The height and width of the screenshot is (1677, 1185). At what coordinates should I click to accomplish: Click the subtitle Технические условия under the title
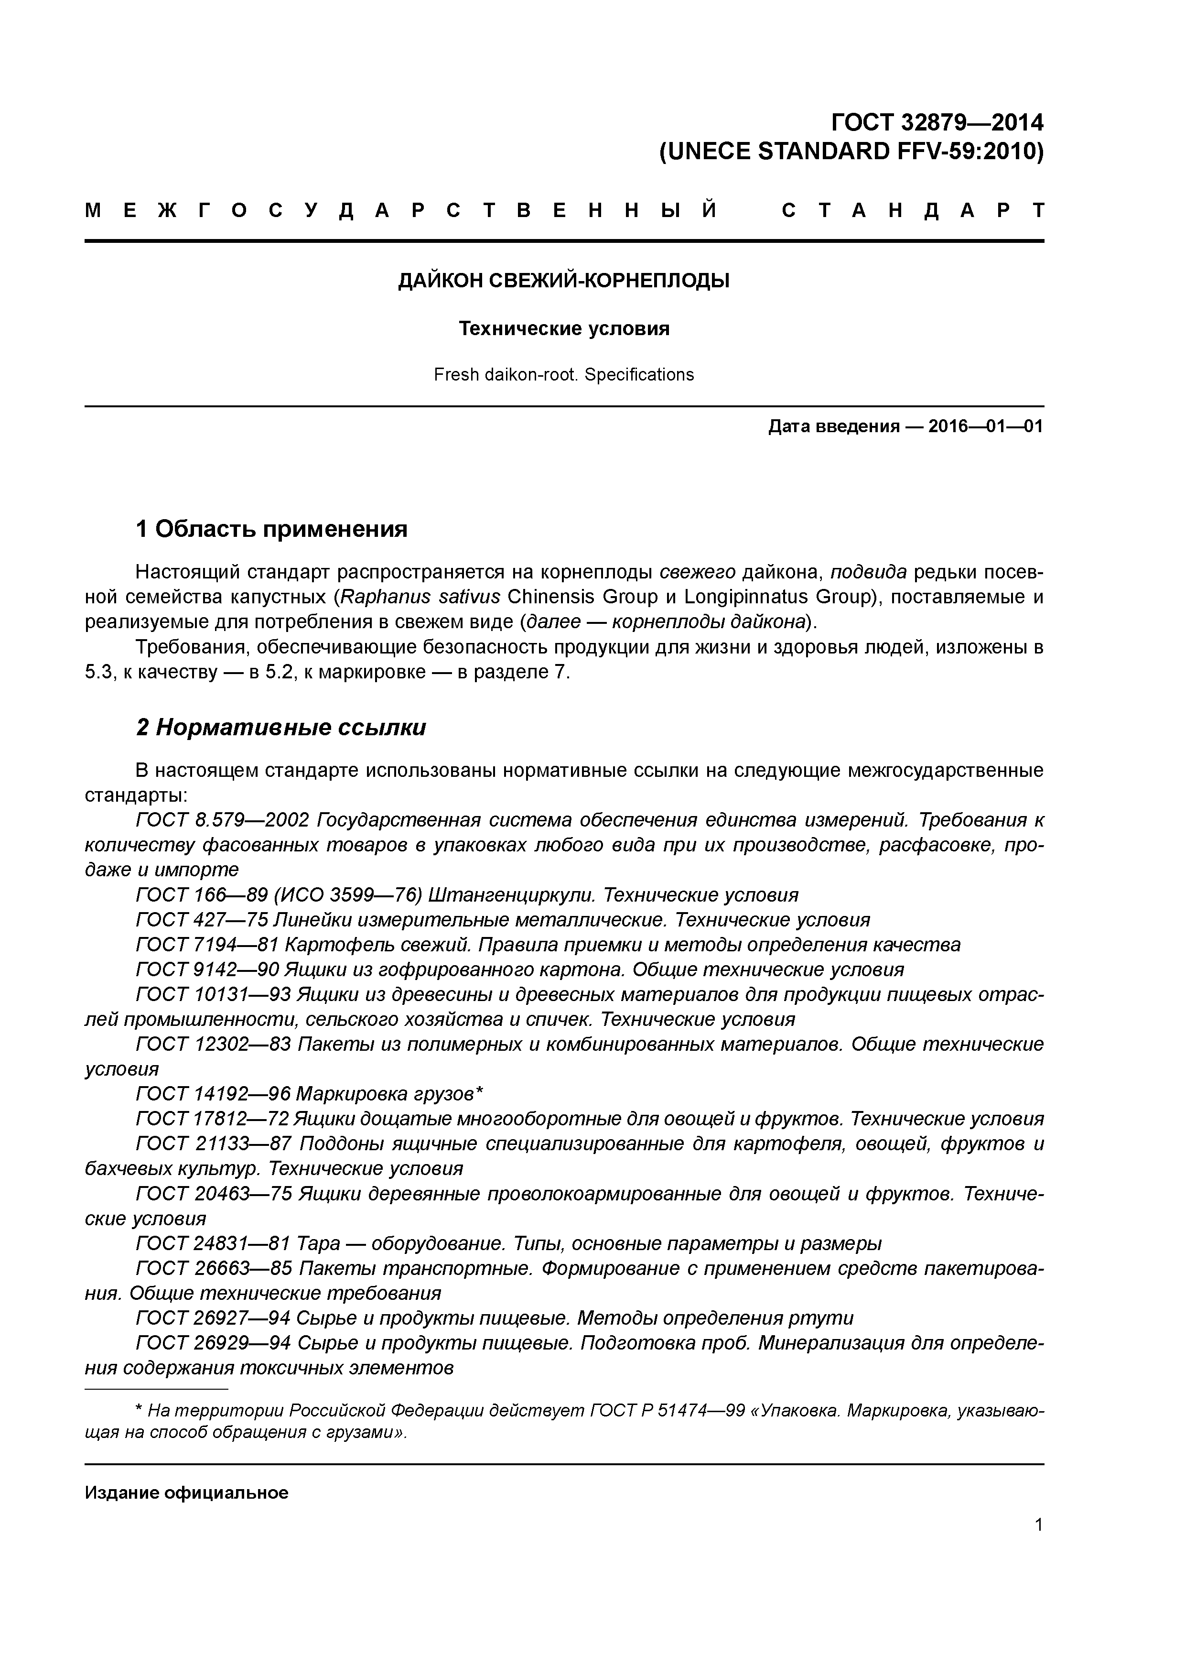[x=564, y=329]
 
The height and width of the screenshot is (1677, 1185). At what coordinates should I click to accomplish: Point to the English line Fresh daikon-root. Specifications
[x=564, y=375]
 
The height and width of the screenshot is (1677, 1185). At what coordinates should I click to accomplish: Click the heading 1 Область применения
[x=271, y=529]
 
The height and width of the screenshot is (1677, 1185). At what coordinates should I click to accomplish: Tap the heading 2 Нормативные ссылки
[x=281, y=728]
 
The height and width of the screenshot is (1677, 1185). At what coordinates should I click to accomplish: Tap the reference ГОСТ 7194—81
[x=206, y=945]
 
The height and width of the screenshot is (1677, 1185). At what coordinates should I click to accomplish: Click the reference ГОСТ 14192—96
[x=213, y=1093]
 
